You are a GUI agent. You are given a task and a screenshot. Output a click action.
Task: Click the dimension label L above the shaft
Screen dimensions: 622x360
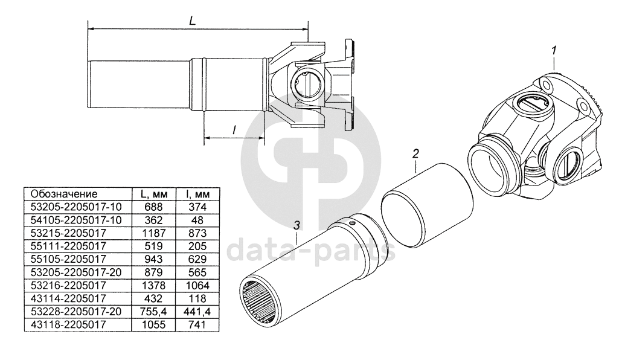click(193, 21)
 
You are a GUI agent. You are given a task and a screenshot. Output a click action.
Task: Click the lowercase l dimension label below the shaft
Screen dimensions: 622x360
click(234, 129)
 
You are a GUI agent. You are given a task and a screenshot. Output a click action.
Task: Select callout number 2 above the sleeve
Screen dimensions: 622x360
click(415, 153)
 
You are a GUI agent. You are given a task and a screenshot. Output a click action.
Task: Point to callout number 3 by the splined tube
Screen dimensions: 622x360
click(297, 225)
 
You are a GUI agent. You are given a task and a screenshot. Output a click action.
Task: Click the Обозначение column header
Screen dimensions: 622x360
click(64, 194)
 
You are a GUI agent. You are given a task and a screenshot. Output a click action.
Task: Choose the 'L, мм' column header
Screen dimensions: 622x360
click(154, 194)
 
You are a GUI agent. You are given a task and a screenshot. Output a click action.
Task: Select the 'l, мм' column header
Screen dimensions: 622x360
click(197, 194)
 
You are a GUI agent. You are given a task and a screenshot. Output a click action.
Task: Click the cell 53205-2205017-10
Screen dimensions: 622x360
click(76, 207)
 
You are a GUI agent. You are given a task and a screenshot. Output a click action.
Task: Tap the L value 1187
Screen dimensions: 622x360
click(153, 233)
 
